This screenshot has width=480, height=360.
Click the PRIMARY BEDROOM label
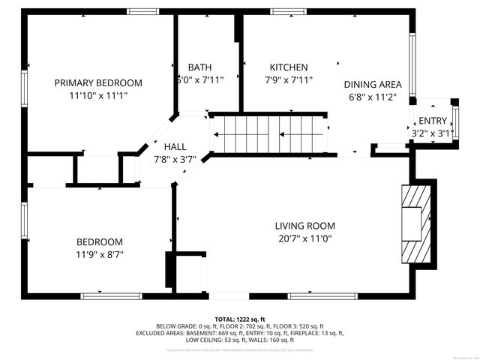click(x=98, y=82)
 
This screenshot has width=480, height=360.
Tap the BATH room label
click(x=199, y=67)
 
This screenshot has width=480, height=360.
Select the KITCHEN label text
click(x=289, y=67)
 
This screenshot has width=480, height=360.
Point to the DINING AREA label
click(x=373, y=85)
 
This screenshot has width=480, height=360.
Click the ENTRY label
click(x=433, y=121)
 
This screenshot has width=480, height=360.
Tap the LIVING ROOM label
click(x=304, y=226)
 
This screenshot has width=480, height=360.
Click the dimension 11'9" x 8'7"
click(x=100, y=254)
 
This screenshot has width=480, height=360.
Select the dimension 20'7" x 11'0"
click(x=304, y=238)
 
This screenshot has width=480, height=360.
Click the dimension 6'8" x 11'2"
click(x=373, y=97)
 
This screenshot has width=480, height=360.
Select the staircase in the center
click(x=268, y=135)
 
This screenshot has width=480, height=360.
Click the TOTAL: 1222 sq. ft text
click(x=240, y=319)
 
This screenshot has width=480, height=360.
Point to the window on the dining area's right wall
click(x=412, y=63)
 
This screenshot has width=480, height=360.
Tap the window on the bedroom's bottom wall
click(x=111, y=295)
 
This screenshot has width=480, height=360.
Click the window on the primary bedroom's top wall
click(x=142, y=11)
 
